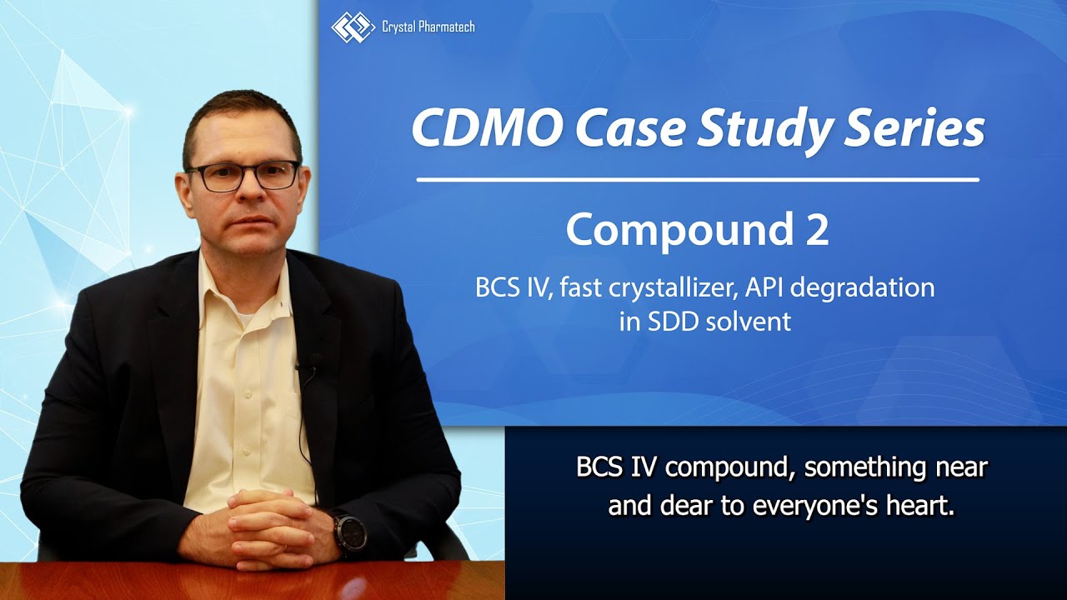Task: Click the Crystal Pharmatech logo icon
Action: tap(353, 27)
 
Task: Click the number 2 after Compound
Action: tap(817, 229)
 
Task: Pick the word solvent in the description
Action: tap(749, 322)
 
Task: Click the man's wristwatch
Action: tap(349, 533)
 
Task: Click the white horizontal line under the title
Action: tap(697, 179)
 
